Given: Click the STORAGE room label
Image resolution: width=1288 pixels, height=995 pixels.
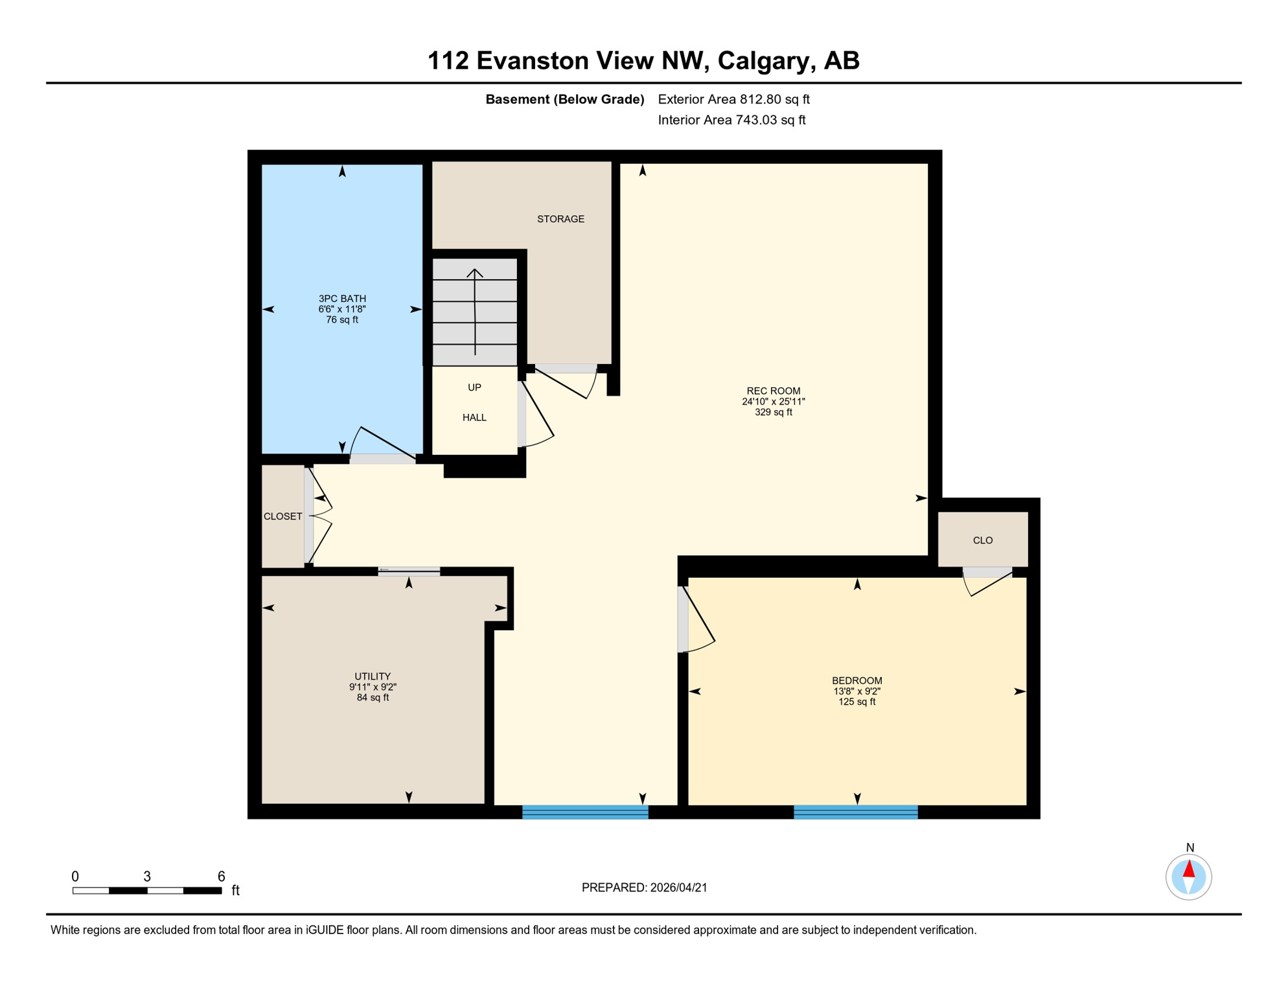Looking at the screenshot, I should (x=560, y=219).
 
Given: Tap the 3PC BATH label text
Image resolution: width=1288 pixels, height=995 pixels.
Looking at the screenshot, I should (x=342, y=299).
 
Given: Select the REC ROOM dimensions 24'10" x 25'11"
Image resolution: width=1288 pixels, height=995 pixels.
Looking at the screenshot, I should (x=773, y=402).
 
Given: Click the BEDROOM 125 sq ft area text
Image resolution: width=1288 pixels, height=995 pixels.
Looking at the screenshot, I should (x=857, y=702).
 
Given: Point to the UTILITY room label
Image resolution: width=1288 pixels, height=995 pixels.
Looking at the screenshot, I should (x=373, y=676).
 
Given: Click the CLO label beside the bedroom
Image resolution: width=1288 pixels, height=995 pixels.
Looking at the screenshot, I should (x=982, y=540).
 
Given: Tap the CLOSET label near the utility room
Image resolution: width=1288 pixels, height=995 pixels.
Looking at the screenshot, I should (x=282, y=516).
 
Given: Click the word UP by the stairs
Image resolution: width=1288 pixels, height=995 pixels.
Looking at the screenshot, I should (x=474, y=387).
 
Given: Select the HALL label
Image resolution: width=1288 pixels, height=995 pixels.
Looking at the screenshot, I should (x=474, y=418).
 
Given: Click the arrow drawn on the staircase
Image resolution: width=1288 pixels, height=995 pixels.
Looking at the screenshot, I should (x=475, y=311).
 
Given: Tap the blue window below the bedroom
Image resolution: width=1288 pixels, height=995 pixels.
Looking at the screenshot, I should (x=855, y=812).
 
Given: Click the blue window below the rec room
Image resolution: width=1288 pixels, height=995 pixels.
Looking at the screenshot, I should (x=585, y=812).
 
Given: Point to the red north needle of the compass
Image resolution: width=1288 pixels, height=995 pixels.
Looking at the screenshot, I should (x=1189, y=869).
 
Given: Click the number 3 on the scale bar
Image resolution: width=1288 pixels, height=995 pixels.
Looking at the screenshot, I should (x=147, y=876).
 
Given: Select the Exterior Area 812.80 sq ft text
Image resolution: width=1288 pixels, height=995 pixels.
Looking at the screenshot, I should (x=733, y=99).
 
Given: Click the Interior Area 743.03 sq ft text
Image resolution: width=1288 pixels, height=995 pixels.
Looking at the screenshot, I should (x=731, y=120).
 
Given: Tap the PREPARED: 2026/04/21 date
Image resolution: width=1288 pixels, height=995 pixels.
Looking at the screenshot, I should (x=644, y=887).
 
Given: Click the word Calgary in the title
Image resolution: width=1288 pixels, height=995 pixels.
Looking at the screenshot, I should (x=764, y=60).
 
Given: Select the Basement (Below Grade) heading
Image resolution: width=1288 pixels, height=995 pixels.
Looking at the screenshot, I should (x=564, y=99).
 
